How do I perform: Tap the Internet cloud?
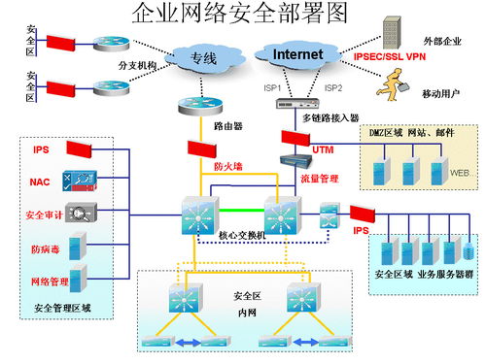tap(296, 55)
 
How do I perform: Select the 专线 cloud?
tap(202, 59)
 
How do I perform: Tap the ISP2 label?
tap(332, 87)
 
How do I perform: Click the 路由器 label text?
tap(226, 126)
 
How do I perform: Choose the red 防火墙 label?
tap(228, 166)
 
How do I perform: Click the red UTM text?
tap(323, 149)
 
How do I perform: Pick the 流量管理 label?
tap(320, 179)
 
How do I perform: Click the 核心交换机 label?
tap(241, 236)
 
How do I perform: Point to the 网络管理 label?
tap(49, 281)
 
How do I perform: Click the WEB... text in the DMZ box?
tap(462, 173)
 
